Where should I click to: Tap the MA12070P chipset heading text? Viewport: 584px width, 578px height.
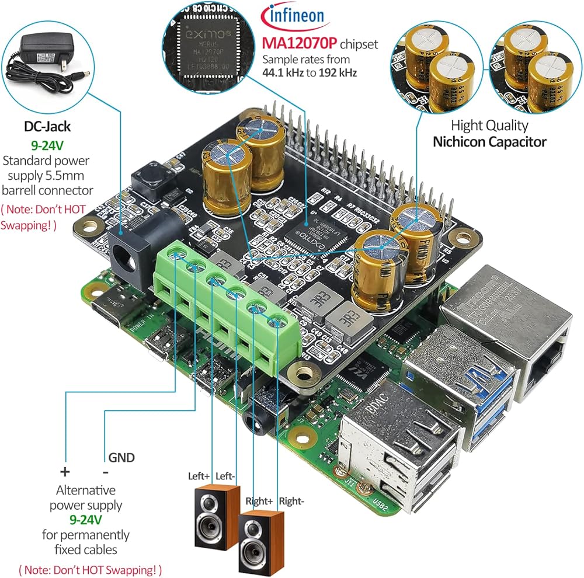pos(298,44)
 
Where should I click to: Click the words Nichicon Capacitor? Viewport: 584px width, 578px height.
pos(489,141)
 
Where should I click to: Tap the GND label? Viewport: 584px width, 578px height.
pos(121,457)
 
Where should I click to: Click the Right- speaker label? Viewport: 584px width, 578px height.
pos(291,500)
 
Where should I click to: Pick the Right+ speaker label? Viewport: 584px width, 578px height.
pos(259,500)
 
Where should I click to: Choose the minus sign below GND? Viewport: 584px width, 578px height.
pos(106,471)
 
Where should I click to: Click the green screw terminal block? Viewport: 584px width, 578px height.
pos(228,309)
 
